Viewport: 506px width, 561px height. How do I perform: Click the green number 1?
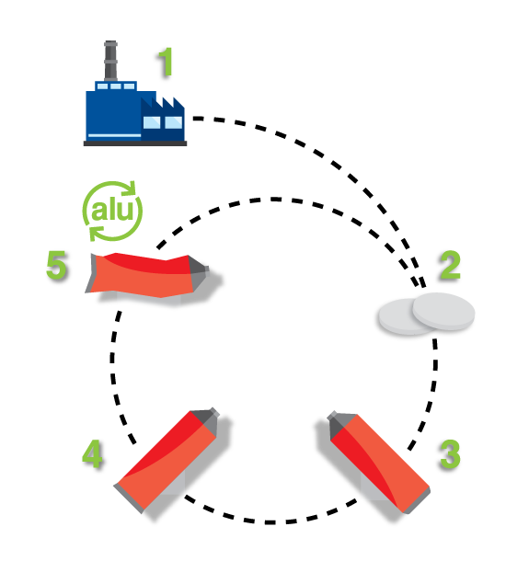(167, 63)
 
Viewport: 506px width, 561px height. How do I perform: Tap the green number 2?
(450, 265)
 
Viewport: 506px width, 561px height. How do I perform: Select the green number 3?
(450, 454)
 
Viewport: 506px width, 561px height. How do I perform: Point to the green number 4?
(92, 453)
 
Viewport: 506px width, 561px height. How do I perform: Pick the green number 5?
(56, 265)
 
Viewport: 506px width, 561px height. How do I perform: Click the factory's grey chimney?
(110, 61)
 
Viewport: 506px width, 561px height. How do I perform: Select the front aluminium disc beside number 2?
(443, 311)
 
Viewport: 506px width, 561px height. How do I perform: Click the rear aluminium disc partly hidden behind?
(397, 317)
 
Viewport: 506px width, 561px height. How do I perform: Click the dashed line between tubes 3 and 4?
(270, 522)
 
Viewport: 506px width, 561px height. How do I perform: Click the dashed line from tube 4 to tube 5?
(113, 375)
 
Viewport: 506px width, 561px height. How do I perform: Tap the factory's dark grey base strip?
(135, 143)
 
